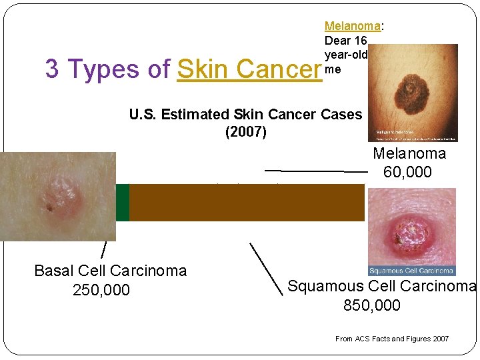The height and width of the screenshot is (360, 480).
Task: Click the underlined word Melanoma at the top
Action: click(x=352, y=26)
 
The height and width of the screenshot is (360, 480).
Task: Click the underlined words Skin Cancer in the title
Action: click(x=249, y=69)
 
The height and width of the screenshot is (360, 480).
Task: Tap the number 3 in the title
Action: click(x=51, y=69)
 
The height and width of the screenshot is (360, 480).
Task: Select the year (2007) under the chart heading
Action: click(x=246, y=132)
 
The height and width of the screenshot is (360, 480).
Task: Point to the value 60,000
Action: click(x=407, y=172)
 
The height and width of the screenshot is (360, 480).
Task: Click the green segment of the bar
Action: click(x=122, y=203)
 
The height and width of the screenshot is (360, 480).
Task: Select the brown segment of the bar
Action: click(x=247, y=203)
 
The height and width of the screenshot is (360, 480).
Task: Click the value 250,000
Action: click(x=101, y=291)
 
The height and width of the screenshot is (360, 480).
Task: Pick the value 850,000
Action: click(x=372, y=305)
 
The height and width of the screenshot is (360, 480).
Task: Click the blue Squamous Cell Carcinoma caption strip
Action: click(x=411, y=271)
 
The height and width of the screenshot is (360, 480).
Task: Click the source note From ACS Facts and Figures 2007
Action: click(x=392, y=339)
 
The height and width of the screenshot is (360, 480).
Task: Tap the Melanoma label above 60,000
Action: click(x=409, y=154)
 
